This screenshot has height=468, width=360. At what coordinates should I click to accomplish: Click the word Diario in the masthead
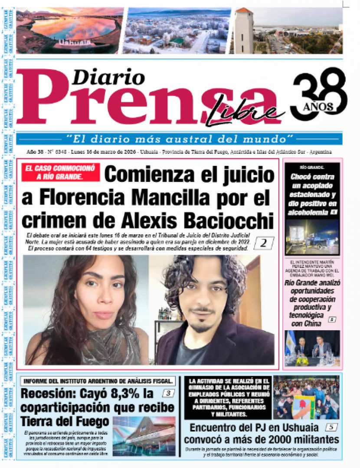tap(108, 78)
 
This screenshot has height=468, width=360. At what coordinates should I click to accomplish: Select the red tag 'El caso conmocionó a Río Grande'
tap(60, 172)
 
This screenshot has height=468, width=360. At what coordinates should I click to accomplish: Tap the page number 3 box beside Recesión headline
tap(169, 393)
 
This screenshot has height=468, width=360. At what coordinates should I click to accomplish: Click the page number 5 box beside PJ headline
tap(331, 427)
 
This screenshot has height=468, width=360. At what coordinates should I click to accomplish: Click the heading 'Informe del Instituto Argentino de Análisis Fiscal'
tap(98, 381)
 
